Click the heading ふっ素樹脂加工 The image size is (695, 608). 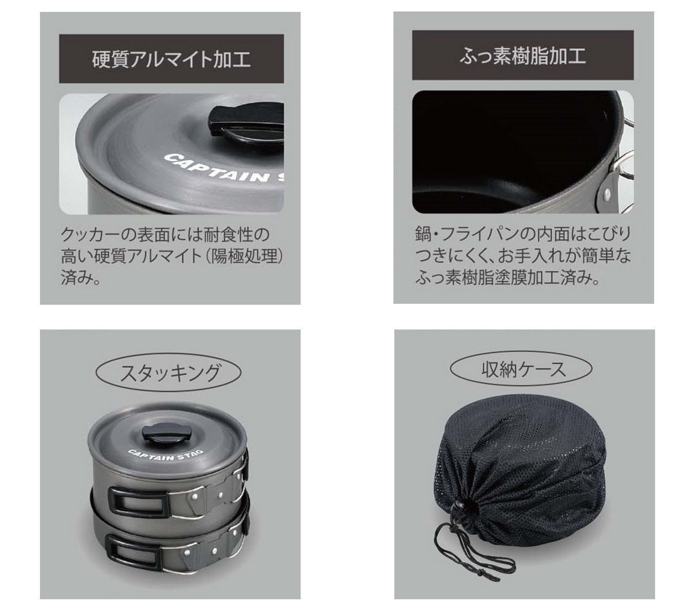point(523,55)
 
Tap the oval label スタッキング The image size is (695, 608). point(169,372)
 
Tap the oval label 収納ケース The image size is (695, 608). point(522,369)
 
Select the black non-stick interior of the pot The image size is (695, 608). point(491,148)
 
